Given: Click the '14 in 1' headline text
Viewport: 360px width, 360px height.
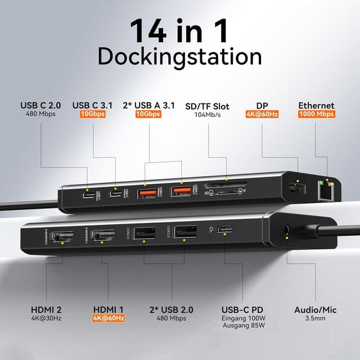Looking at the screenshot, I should [x=179, y=31].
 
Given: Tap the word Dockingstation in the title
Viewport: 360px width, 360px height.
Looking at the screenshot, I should [x=179, y=58].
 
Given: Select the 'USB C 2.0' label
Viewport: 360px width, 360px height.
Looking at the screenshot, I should [x=42, y=105].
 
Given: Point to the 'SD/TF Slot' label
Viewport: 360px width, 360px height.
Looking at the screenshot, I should [x=208, y=105].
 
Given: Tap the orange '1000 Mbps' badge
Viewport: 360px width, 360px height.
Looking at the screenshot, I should [x=316, y=114].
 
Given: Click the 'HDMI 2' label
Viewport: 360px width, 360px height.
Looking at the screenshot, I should [x=46, y=309].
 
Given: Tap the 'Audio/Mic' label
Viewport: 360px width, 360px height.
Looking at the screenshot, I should [x=316, y=309].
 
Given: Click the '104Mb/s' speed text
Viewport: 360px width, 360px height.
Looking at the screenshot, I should [x=208, y=114].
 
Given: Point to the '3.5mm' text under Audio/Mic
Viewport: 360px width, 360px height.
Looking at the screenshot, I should [x=316, y=319].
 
